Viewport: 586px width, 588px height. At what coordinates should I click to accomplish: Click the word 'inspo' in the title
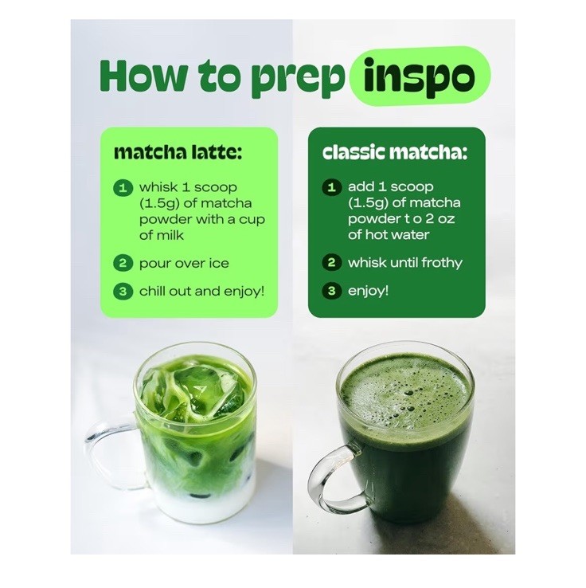[x=419, y=76]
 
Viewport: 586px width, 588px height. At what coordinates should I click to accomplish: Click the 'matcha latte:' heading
[x=178, y=152]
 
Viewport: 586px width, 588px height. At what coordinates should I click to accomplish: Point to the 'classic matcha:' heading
[x=395, y=152]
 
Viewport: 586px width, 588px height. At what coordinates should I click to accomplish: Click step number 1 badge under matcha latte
[x=123, y=187]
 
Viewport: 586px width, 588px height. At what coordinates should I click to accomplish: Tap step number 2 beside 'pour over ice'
[x=123, y=263]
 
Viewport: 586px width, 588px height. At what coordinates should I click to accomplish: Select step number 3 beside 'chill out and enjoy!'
[x=123, y=292]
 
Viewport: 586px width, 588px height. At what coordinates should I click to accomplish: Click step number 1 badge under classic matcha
[x=331, y=187]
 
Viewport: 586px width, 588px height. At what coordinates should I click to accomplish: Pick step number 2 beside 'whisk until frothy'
[x=331, y=262]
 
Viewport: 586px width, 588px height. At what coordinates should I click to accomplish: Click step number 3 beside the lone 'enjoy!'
[x=331, y=291]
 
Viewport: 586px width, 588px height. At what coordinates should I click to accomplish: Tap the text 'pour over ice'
[x=184, y=263]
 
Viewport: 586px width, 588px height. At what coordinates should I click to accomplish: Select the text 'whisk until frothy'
[x=405, y=262]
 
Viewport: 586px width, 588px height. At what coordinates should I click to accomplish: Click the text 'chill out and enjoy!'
[x=202, y=292]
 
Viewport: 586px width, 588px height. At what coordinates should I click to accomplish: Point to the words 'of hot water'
[x=389, y=235]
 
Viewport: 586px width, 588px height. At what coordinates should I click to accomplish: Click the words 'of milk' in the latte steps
[x=162, y=236]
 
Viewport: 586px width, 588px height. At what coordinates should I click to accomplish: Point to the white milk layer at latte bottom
[x=204, y=504]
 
